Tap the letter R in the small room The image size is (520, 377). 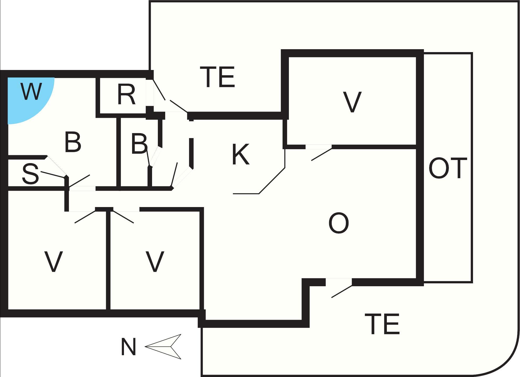(x=126, y=95)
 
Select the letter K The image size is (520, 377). (x=240, y=155)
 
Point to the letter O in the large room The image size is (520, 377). (x=339, y=223)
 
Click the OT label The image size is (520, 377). (x=448, y=168)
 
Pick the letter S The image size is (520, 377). (x=30, y=174)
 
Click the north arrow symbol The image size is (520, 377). (x=164, y=346)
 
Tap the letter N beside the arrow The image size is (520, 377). (x=128, y=347)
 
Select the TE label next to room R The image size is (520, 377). (x=217, y=77)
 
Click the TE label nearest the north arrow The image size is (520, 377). (x=382, y=324)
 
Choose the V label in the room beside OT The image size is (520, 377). (x=352, y=102)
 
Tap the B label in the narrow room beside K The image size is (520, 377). (x=139, y=144)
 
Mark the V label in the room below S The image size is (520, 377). (x=53, y=262)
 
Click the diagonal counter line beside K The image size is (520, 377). (x=272, y=181)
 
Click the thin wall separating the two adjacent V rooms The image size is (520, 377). (x=108, y=260)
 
